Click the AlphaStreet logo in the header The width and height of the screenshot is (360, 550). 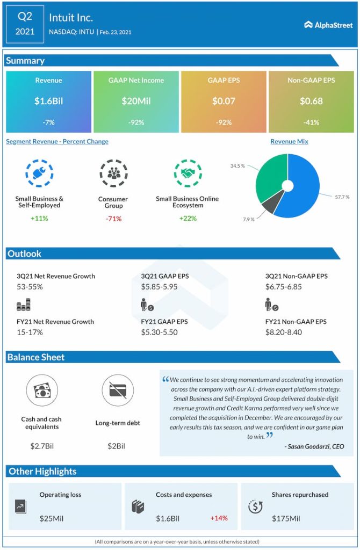(328, 24)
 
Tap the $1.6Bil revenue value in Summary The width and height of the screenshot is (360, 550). (48, 100)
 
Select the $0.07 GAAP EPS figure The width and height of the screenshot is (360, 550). (224, 100)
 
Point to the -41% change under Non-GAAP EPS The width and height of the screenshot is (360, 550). (311, 122)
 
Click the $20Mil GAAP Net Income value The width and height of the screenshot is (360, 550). (136, 100)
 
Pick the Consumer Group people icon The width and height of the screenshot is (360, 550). (113, 173)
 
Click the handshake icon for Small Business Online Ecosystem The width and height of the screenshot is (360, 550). (188, 173)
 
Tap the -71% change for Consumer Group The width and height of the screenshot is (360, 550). (113, 219)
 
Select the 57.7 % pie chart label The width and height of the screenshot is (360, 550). (342, 197)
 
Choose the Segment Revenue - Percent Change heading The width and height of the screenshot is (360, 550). (57, 142)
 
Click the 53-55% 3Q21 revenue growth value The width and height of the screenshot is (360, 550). (30, 287)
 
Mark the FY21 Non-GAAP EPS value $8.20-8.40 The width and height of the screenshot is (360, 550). (284, 332)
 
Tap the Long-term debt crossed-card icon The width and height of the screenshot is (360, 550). (118, 390)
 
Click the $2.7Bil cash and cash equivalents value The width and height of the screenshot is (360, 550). (41, 446)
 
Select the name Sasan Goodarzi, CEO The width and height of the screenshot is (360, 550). (314, 446)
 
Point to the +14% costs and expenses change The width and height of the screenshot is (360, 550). (219, 518)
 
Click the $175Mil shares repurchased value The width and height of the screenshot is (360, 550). (287, 518)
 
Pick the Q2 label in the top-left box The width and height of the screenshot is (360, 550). (25, 17)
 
